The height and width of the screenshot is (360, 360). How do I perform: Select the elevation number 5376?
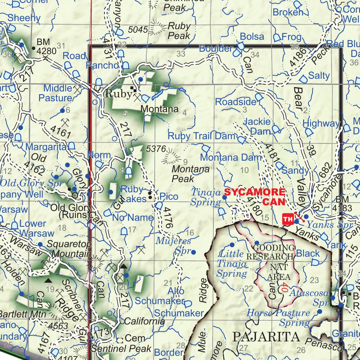(x=156, y=149)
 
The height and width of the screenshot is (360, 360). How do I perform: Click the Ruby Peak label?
(x=179, y=31)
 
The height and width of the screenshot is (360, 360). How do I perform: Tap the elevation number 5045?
(x=138, y=30)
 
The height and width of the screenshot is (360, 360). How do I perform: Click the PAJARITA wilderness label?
(x=266, y=336)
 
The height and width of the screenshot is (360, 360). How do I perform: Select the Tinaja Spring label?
(x=206, y=197)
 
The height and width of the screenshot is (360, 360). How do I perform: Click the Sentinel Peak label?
(x=121, y=349)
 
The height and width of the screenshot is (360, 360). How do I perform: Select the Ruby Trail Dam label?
(x=201, y=136)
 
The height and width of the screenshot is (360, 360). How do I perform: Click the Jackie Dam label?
(x=257, y=126)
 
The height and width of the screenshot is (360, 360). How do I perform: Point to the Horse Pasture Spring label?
(x=278, y=317)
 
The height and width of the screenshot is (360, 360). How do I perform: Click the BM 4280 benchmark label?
(x=46, y=46)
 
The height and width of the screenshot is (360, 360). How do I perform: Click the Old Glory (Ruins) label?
(x=71, y=211)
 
